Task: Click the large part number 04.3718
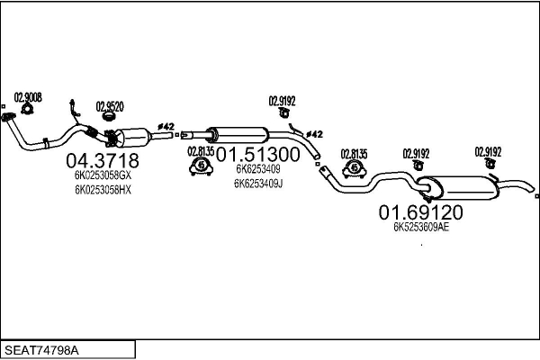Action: (x=101, y=160)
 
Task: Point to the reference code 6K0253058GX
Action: (x=102, y=176)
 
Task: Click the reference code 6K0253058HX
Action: (x=102, y=190)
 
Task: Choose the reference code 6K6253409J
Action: (x=258, y=183)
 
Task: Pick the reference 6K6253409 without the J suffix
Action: (x=257, y=168)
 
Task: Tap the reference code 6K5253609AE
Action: (x=420, y=228)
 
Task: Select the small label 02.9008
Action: (x=28, y=96)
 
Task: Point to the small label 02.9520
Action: (x=110, y=104)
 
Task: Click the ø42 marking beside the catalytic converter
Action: (x=165, y=128)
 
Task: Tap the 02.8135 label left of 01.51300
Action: (x=200, y=150)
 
